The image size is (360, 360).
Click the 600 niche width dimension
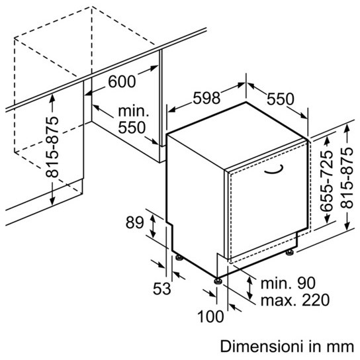point(122,81)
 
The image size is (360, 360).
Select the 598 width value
point(206,98)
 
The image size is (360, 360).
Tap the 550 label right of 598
point(280,99)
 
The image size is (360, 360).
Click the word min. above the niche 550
point(134,111)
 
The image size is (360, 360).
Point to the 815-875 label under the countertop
point(52,147)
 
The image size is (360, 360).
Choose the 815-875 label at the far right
point(347,178)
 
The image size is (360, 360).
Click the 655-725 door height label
point(326,181)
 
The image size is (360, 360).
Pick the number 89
point(134,222)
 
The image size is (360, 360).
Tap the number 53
point(162,289)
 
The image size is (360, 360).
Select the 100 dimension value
point(210,316)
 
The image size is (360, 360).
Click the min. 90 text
point(288,283)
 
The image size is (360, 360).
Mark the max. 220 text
point(295,300)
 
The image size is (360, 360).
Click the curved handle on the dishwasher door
point(273,169)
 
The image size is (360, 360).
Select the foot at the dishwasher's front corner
point(218,281)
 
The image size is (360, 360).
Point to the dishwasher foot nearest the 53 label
point(179,257)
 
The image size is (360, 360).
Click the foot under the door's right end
point(289,252)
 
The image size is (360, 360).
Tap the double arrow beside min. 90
point(249,288)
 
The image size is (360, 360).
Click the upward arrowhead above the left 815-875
point(52,98)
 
